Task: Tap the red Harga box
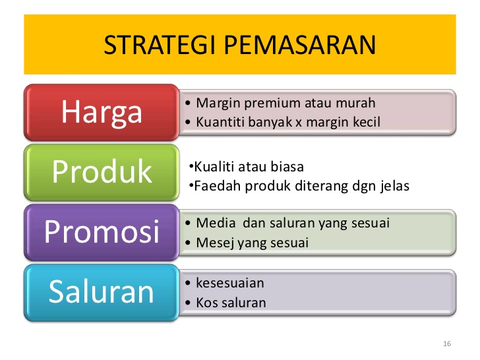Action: coord(102,112)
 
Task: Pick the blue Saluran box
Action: coord(102,292)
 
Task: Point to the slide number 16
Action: coord(447,345)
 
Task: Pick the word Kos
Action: coord(206,303)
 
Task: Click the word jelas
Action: coord(394,186)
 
